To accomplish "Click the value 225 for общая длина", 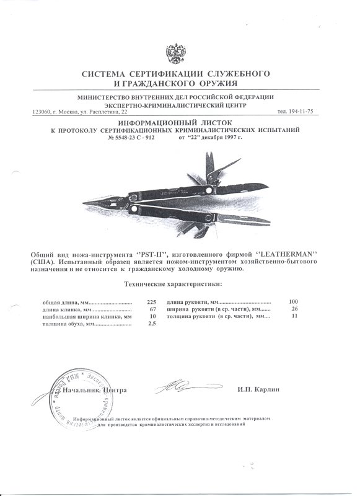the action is pyautogui.click(x=149, y=302).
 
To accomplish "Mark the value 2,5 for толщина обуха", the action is pyautogui.click(x=151, y=324).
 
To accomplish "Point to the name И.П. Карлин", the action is pyautogui.click(x=258, y=390).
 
